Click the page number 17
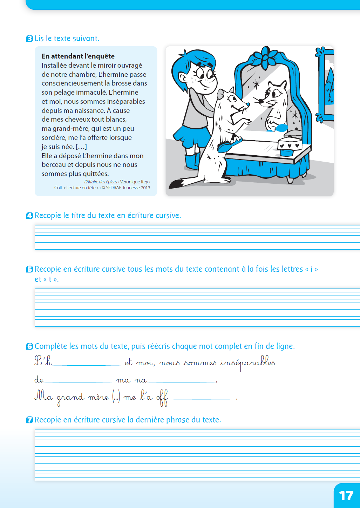pos(346,495)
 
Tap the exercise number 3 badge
pos(30,39)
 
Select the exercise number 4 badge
pos(30,216)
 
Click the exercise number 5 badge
pos(30,269)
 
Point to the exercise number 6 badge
pos(30,346)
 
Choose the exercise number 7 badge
pos(30,420)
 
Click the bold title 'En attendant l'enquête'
pos(78,56)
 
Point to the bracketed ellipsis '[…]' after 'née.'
pos(81,147)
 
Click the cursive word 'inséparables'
pos(247,363)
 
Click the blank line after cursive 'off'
pos(203,399)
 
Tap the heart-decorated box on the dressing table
pos(290,144)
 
